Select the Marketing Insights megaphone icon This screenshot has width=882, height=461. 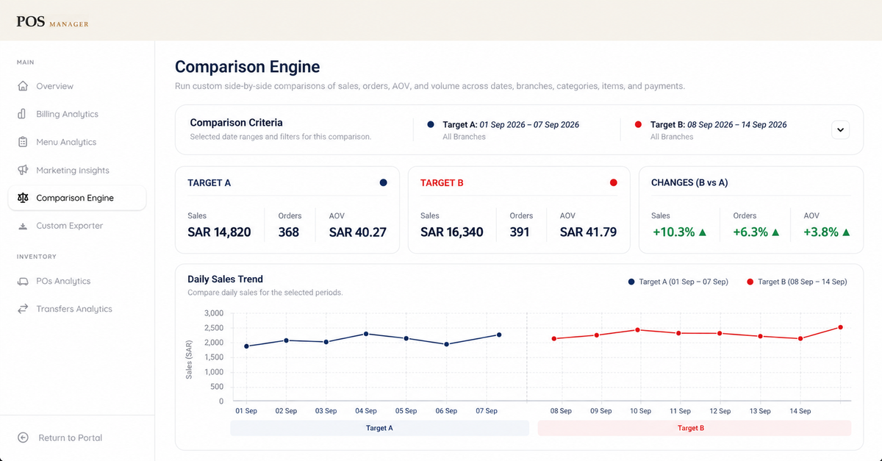[x=23, y=170]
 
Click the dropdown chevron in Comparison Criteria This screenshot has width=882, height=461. [x=840, y=130]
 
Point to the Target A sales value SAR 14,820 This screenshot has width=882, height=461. [x=219, y=232]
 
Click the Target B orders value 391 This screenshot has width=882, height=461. [x=520, y=232]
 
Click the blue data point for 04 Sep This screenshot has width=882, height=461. [x=366, y=334]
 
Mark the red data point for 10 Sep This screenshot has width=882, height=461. [x=637, y=330]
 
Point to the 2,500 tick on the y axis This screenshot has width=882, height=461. [x=214, y=328]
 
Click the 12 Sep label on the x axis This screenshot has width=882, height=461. [x=720, y=411]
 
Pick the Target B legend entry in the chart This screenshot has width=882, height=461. [x=797, y=282]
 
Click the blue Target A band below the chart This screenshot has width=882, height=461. [x=379, y=428]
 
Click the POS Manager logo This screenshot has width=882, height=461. [x=52, y=22]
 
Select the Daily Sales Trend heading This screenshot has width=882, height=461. [x=225, y=279]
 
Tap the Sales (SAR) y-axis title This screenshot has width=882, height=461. [x=189, y=360]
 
